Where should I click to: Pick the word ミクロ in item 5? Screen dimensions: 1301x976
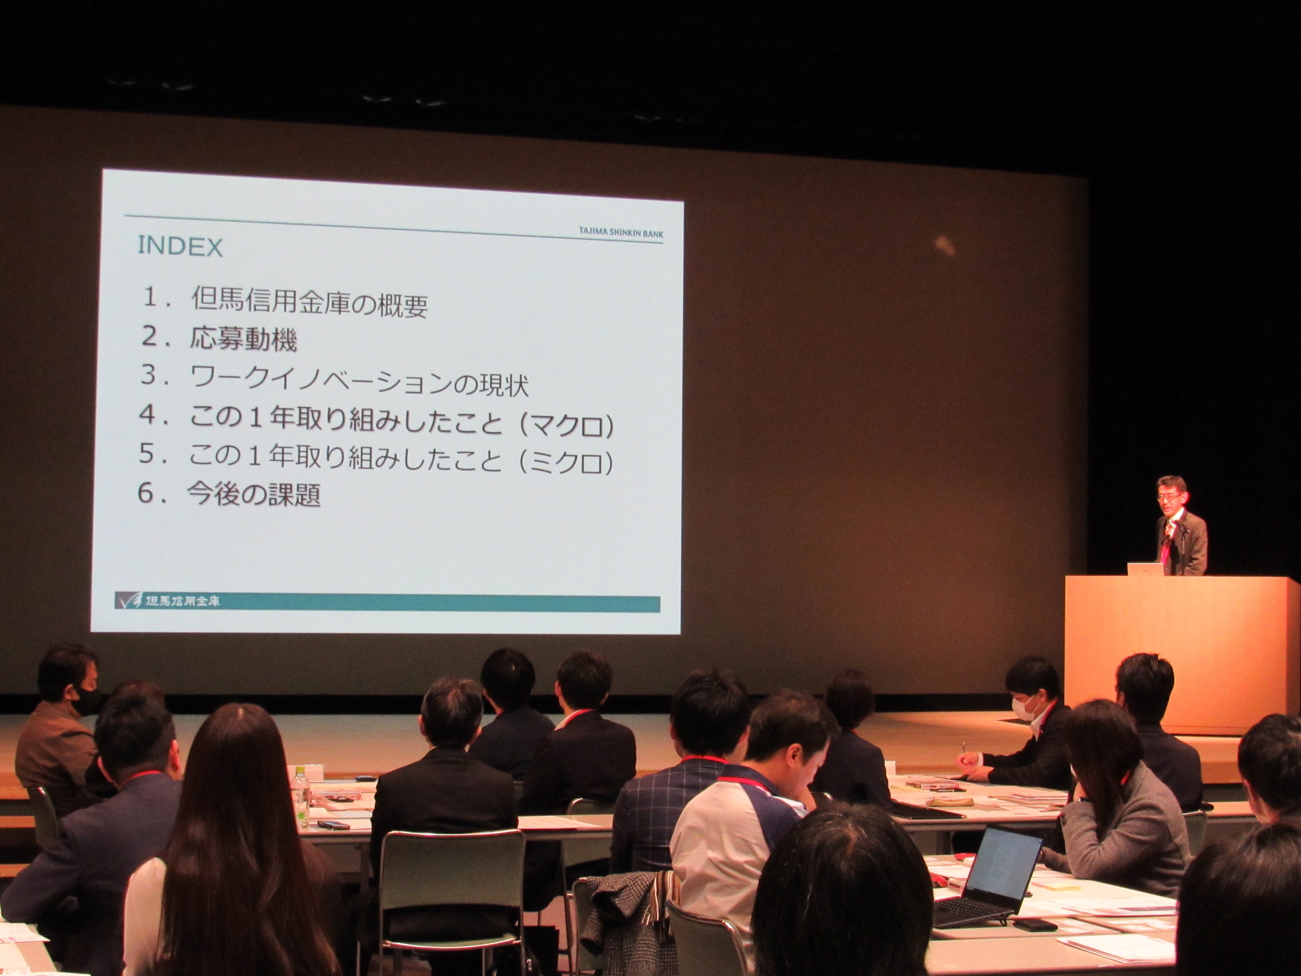[x=568, y=462]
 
